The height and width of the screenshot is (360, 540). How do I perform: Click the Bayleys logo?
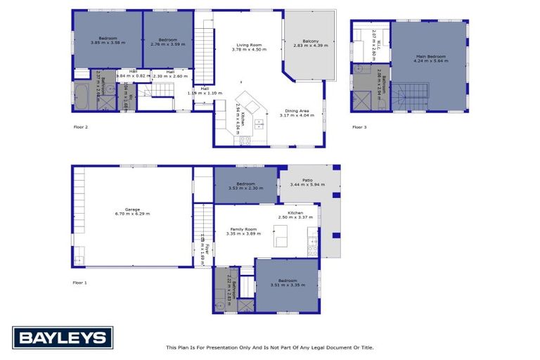pos(62,337)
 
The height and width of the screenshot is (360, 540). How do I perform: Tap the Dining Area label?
pos(297,112)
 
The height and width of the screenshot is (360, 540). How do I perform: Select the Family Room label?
pos(243,231)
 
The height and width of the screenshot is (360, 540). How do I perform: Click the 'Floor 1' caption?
pos(80,282)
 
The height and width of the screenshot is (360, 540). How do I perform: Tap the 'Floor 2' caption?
pos(82,127)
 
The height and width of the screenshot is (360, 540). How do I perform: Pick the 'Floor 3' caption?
pos(359,127)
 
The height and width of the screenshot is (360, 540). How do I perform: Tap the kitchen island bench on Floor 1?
pos(283,236)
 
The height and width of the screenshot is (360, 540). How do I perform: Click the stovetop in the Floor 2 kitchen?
pos(244,140)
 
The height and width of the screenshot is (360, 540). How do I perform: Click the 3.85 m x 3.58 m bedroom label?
pos(108,41)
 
